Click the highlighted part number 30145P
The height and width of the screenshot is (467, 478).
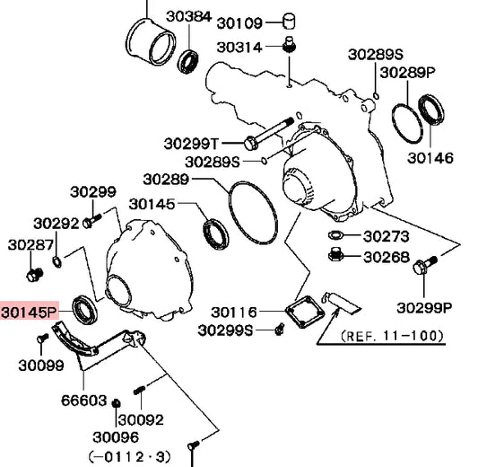click(30, 312)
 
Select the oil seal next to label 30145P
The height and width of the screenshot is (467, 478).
click(85, 310)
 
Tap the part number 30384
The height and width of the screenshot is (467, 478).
click(188, 16)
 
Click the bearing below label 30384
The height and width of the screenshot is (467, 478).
click(188, 61)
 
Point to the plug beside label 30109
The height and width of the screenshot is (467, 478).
click(289, 21)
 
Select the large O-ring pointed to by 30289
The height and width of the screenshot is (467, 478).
click(253, 213)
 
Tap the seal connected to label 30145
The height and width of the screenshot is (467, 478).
click(215, 233)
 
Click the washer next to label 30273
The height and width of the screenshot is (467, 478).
click(336, 235)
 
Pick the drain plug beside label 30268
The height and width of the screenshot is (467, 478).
click(336, 253)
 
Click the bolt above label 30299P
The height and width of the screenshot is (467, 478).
click(425, 266)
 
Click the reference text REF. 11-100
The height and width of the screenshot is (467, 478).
click(392, 336)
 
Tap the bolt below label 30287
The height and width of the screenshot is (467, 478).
click(34, 275)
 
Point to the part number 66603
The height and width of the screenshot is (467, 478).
click(84, 401)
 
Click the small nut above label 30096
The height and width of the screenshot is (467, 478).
click(116, 403)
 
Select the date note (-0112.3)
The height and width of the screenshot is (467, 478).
click(129, 457)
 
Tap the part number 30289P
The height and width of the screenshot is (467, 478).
click(408, 73)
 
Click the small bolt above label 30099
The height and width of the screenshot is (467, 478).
click(42, 338)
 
